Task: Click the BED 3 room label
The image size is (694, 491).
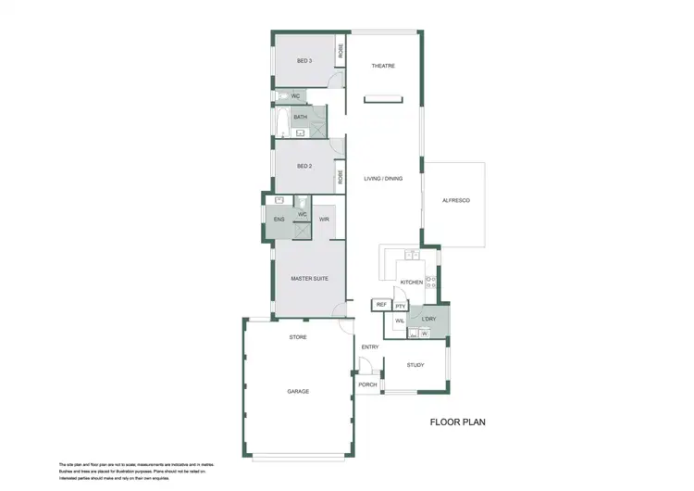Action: (x=304, y=61)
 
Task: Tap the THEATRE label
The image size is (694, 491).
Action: (x=383, y=67)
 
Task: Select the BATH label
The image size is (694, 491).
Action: (x=301, y=118)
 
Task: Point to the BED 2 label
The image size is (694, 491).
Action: (x=304, y=166)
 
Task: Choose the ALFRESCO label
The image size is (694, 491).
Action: (x=456, y=201)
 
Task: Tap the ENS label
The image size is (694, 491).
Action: (x=280, y=220)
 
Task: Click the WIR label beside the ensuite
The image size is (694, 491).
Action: (x=324, y=220)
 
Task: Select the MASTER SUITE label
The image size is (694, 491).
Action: (x=309, y=278)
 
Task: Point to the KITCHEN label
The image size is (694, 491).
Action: (x=411, y=282)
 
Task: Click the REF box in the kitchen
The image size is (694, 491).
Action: (x=381, y=305)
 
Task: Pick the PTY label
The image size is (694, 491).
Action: (x=401, y=306)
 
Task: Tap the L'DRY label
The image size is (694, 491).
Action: (x=429, y=320)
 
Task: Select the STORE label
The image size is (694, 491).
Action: (x=298, y=337)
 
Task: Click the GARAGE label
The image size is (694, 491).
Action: (x=298, y=391)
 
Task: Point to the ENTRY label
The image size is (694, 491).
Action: (x=370, y=347)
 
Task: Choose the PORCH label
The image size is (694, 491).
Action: (x=367, y=384)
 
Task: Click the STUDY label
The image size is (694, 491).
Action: (x=415, y=365)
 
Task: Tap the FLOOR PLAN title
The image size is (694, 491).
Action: (x=457, y=422)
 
